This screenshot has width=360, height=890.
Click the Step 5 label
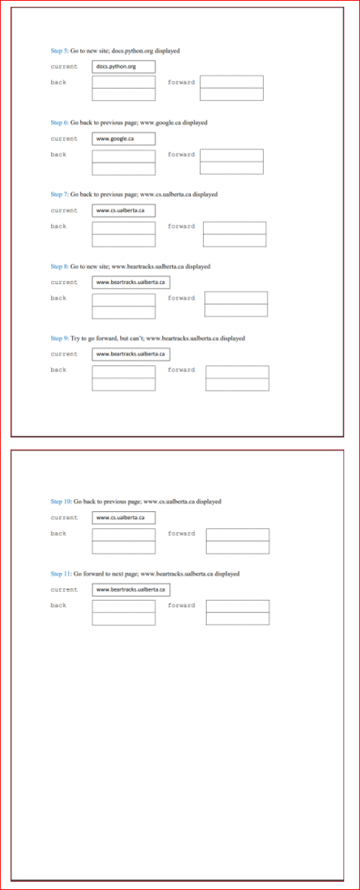click(x=59, y=50)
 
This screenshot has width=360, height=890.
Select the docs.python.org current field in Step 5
click(x=124, y=67)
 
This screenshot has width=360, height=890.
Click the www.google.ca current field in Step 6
click(x=124, y=139)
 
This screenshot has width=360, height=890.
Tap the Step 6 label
click(x=59, y=123)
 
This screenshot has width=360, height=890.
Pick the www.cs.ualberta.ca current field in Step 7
click(x=124, y=210)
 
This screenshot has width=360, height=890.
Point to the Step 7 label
click(x=59, y=194)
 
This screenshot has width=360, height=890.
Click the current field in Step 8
click(x=131, y=283)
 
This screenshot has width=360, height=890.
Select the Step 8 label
click(x=59, y=266)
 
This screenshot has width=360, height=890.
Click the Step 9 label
click(x=59, y=338)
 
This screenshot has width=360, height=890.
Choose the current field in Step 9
click(x=131, y=354)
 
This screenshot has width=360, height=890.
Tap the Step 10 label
click(x=61, y=501)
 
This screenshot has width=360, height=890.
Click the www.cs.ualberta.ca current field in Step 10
click(x=124, y=518)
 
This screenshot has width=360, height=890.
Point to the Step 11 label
click(x=61, y=574)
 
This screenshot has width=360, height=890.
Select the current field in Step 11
click(x=131, y=590)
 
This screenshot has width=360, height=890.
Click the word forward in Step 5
click(x=181, y=82)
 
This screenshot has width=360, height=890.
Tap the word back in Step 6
click(x=59, y=154)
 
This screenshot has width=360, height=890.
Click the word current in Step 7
click(x=64, y=210)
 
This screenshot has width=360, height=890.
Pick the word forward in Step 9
click(x=181, y=370)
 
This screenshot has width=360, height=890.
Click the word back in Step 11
click(x=59, y=605)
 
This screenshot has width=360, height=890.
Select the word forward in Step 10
click(x=181, y=534)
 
